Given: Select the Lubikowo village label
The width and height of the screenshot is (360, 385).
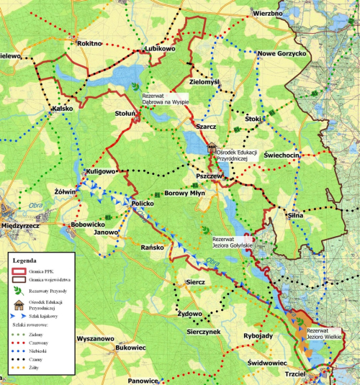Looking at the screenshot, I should click(160, 49).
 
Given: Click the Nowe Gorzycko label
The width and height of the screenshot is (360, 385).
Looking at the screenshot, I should click(282, 54).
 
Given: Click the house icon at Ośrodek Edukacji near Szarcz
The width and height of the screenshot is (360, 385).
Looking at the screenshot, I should click(212, 148).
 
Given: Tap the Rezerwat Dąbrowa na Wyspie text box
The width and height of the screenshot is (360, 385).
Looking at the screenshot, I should click(164, 99).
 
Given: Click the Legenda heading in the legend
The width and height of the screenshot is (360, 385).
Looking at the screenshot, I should click(27, 261).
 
